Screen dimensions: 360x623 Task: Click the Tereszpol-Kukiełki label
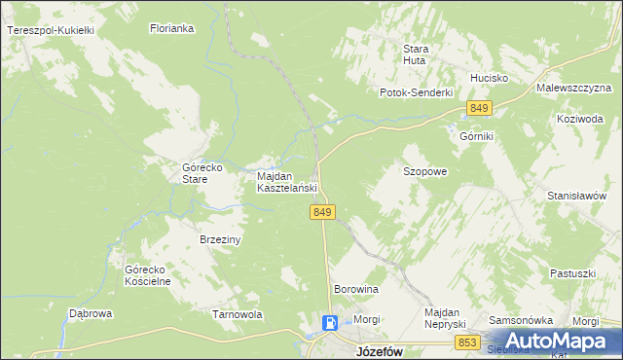[50, 31]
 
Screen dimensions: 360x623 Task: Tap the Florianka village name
[173, 29]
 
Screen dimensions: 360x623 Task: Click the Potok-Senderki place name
[417, 92]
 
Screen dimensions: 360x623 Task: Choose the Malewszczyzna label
[572, 88]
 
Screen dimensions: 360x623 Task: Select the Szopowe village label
[424, 171]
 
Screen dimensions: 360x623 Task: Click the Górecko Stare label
[202, 173]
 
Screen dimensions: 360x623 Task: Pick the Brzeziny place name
[220, 239]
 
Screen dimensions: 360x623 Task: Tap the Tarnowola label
[238, 314]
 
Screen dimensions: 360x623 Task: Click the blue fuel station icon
[331, 324]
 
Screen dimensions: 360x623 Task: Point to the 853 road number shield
[468, 342]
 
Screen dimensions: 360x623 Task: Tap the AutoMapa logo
[565, 341]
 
